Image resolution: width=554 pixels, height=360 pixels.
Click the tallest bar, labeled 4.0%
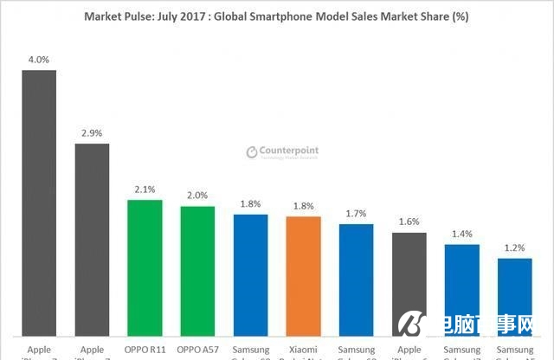coord(39,203)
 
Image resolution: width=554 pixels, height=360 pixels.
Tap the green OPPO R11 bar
coord(145,268)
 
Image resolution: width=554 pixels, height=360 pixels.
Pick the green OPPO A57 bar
coord(197,271)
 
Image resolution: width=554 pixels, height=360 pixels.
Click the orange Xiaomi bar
coord(303,277)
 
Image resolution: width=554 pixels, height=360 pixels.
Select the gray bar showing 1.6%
coord(409,284)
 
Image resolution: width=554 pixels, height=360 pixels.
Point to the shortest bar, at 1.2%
coord(514,297)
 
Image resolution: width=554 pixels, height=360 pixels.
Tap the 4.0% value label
coord(39,60)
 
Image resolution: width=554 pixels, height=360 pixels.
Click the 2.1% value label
coord(145,190)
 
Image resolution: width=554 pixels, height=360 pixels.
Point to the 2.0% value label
coord(197,196)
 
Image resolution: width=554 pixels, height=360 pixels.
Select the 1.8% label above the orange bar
coord(303,206)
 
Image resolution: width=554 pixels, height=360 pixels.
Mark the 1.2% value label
coord(514,247)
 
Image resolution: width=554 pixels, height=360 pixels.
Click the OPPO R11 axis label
coord(145,350)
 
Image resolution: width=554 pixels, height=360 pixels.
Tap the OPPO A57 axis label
coord(197,350)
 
